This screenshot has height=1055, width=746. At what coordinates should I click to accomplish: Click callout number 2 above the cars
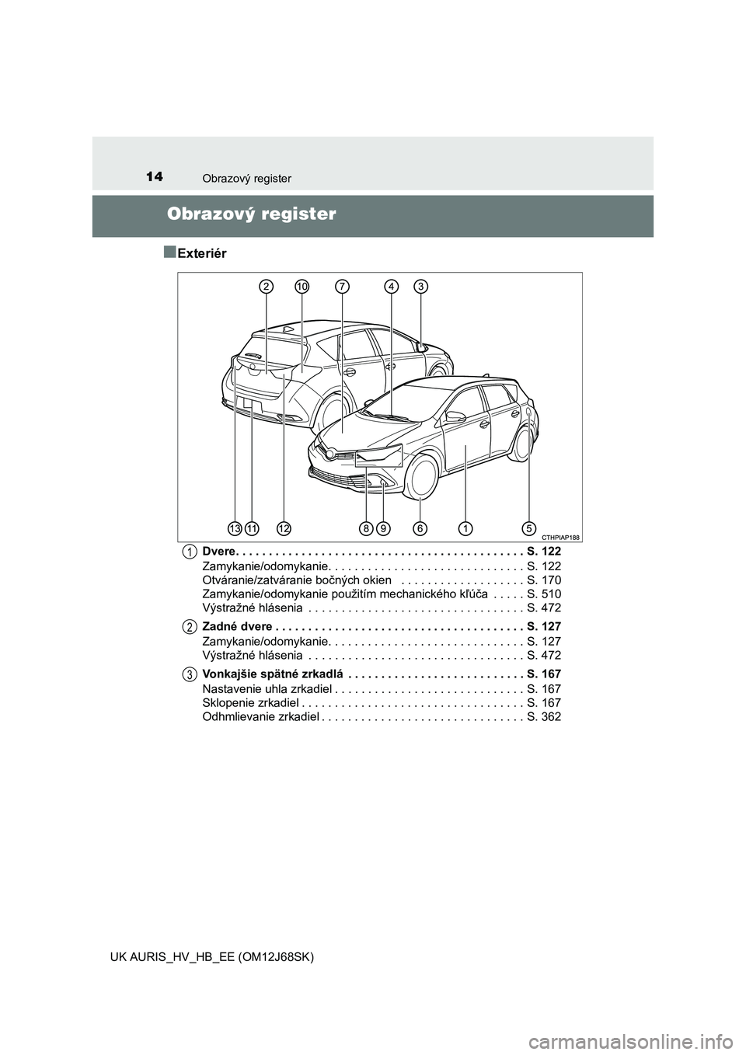(267, 287)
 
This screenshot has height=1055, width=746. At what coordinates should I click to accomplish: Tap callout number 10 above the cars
(302, 287)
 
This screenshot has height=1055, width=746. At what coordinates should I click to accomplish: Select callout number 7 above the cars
(341, 287)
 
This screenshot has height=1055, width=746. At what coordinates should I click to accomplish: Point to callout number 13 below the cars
(235, 528)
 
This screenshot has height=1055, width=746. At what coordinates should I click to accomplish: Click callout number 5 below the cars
(529, 528)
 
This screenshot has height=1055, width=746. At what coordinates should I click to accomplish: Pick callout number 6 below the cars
(420, 528)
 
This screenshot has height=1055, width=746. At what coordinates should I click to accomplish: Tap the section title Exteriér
(201, 252)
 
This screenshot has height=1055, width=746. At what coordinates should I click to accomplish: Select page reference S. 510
(543, 594)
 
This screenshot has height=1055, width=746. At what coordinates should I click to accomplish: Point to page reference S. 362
(543, 716)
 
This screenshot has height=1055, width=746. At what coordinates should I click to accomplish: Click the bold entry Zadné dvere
(237, 626)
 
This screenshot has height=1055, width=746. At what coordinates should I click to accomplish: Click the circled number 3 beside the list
(190, 674)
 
